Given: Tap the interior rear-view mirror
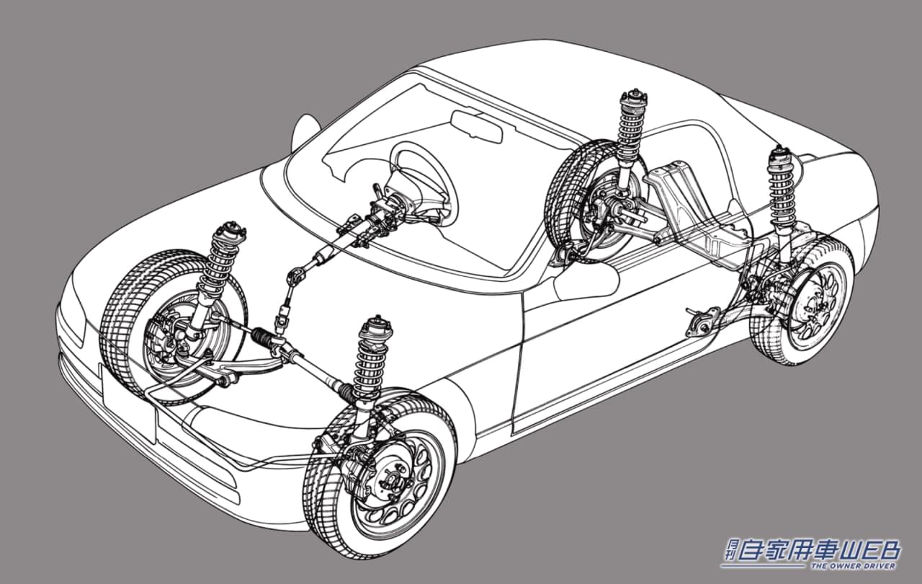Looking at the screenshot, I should [476, 125].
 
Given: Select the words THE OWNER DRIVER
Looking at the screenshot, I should [854, 567].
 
